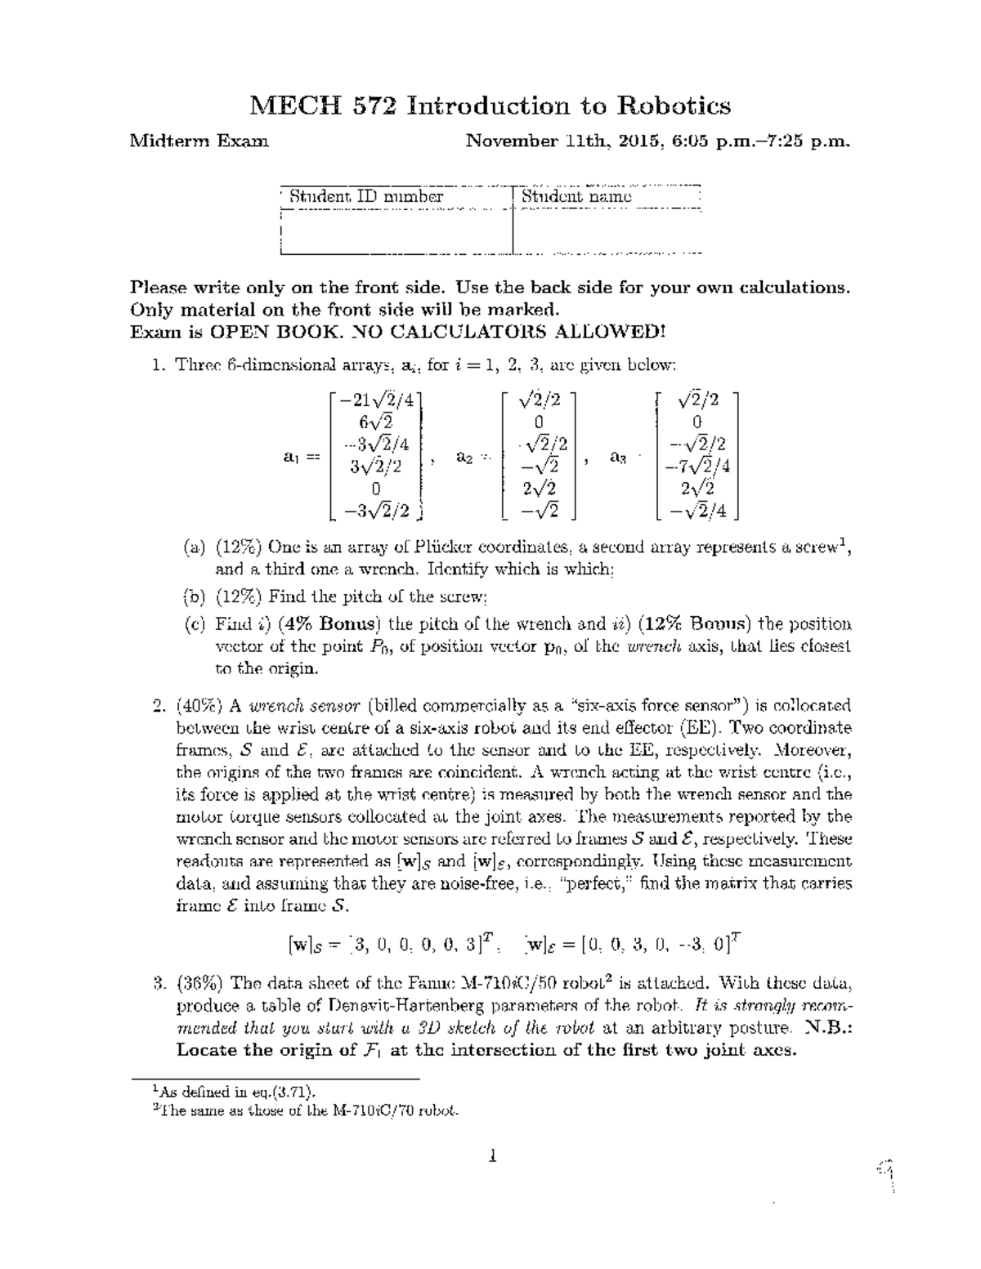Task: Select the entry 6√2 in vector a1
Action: [x=375, y=422]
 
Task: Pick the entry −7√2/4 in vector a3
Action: [x=697, y=467]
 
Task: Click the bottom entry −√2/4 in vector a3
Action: [x=697, y=512]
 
